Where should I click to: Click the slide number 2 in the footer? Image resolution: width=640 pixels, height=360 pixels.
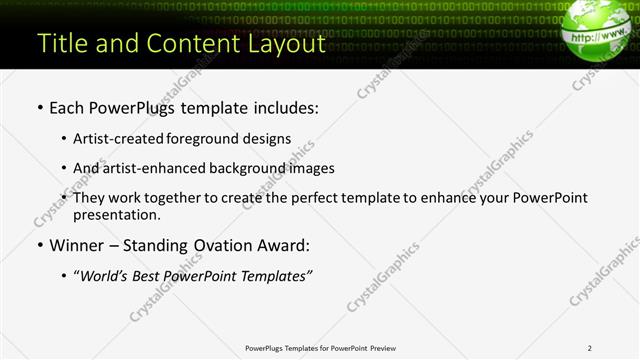click(x=590, y=348)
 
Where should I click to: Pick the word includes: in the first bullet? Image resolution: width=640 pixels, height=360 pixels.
click(x=283, y=106)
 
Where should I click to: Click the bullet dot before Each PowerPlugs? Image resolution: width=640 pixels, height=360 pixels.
click(x=39, y=106)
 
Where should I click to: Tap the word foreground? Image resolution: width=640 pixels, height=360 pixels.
click(x=214, y=139)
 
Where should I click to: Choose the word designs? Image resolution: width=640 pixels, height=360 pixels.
click(x=269, y=139)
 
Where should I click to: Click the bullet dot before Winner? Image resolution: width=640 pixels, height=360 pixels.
click(x=39, y=245)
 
